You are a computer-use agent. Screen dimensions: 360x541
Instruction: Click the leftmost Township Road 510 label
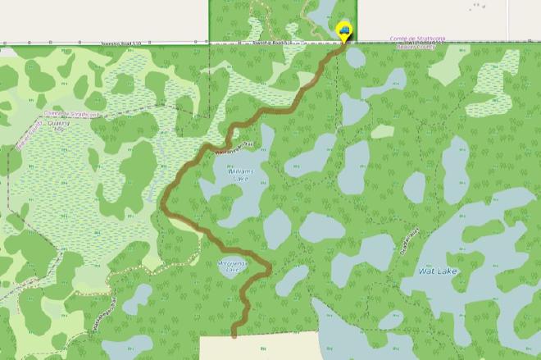[x=122, y=43]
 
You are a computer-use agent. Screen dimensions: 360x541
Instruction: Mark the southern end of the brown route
[x=234, y=335]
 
